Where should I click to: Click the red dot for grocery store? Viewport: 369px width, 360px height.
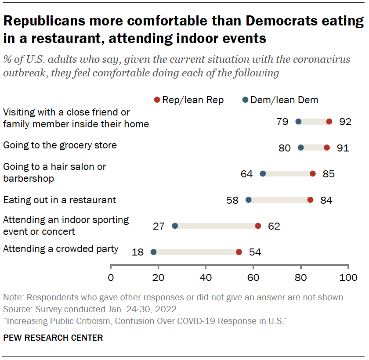pyautogui.click(x=326, y=148)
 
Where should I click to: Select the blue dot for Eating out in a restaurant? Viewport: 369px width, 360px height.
pyautogui.click(x=248, y=200)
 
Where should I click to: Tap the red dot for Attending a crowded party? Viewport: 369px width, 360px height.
pyautogui.click(x=239, y=252)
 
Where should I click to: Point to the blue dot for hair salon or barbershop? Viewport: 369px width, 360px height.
pyautogui.click(x=263, y=174)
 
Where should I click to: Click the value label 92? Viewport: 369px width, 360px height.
pyautogui.click(x=345, y=122)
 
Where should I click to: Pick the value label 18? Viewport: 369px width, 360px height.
pyautogui.click(x=137, y=252)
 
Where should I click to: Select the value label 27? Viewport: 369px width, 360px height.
pyautogui.click(x=159, y=226)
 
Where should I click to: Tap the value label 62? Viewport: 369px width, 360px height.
pyautogui.click(x=274, y=226)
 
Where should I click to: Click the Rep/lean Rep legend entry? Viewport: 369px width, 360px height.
pyautogui.click(x=189, y=100)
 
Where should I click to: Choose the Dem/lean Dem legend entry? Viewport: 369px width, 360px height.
pyautogui.click(x=280, y=100)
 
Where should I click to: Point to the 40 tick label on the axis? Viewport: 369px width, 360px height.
pyautogui.click(x=206, y=277)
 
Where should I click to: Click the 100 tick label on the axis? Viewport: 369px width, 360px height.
pyautogui.click(x=348, y=277)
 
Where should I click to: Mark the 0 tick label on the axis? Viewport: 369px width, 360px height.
pyautogui.click(x=110, y=277)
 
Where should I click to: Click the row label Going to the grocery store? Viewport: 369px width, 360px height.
pyautogui.click(x=60, y=145)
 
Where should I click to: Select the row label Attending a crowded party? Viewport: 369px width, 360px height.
pyautogui.click(x=61, y=249)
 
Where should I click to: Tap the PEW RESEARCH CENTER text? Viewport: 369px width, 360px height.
pyautogui.click(x=53, y=338)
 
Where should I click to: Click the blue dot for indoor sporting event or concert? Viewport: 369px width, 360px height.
pyautogui.click(x=175, y=226)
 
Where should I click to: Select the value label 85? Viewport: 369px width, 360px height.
pyautogui.click(x=328, y=174)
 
